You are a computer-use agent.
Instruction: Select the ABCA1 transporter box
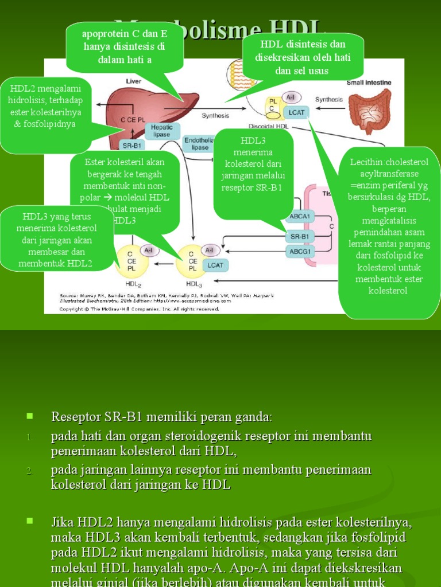(x=300, y=216)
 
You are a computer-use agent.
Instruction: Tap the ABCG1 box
(x=300, y=251)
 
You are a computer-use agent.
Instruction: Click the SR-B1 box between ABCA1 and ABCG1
(x=300, y=236)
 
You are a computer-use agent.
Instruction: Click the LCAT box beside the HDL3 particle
(x=215, y=265)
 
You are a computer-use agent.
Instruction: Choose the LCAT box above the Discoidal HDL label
(x=297, y=112)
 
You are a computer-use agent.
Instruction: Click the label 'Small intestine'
(x=369, y=83)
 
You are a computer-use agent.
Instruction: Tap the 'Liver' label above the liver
(x=133, y=82)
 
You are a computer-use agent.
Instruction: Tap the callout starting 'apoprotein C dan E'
(x=125, y=46)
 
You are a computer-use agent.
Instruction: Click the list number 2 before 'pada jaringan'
(x=30, y=471)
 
